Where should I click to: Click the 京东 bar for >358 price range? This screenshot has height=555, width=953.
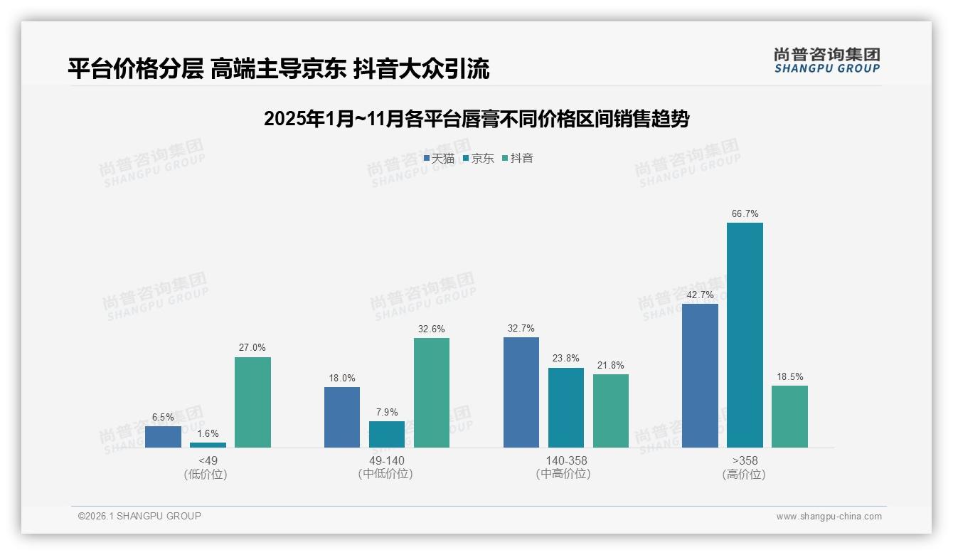tap(745, 334)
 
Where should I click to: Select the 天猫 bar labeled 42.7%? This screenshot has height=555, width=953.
tap(700, 375)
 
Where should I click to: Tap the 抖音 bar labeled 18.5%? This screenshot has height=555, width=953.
tap(789, 416)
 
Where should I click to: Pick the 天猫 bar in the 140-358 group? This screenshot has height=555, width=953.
tap(521, 392)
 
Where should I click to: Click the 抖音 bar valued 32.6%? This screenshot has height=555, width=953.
tap(432, 392)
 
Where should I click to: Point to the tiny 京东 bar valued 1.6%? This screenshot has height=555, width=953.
tap(208, 445)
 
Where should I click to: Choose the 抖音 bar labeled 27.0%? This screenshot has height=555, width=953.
tap(252, 402)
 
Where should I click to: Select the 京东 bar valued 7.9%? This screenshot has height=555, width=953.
tap(387, 434)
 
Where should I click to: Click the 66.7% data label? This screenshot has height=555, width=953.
tap(745, 213)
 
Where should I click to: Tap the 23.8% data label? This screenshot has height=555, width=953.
tap(565, 359)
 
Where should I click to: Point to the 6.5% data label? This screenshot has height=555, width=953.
tap(163, 417)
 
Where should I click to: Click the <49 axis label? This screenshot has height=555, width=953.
tap(208, 460)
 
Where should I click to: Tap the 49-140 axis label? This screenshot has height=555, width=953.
tap(387, 460)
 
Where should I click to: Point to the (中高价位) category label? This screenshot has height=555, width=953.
tap(565, 474)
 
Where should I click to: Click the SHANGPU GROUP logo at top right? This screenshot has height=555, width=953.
tap(826, 60)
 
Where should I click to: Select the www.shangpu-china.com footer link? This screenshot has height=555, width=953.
tap(829, 517)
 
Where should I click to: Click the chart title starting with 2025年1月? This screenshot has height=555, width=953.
tap(477, 119)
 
